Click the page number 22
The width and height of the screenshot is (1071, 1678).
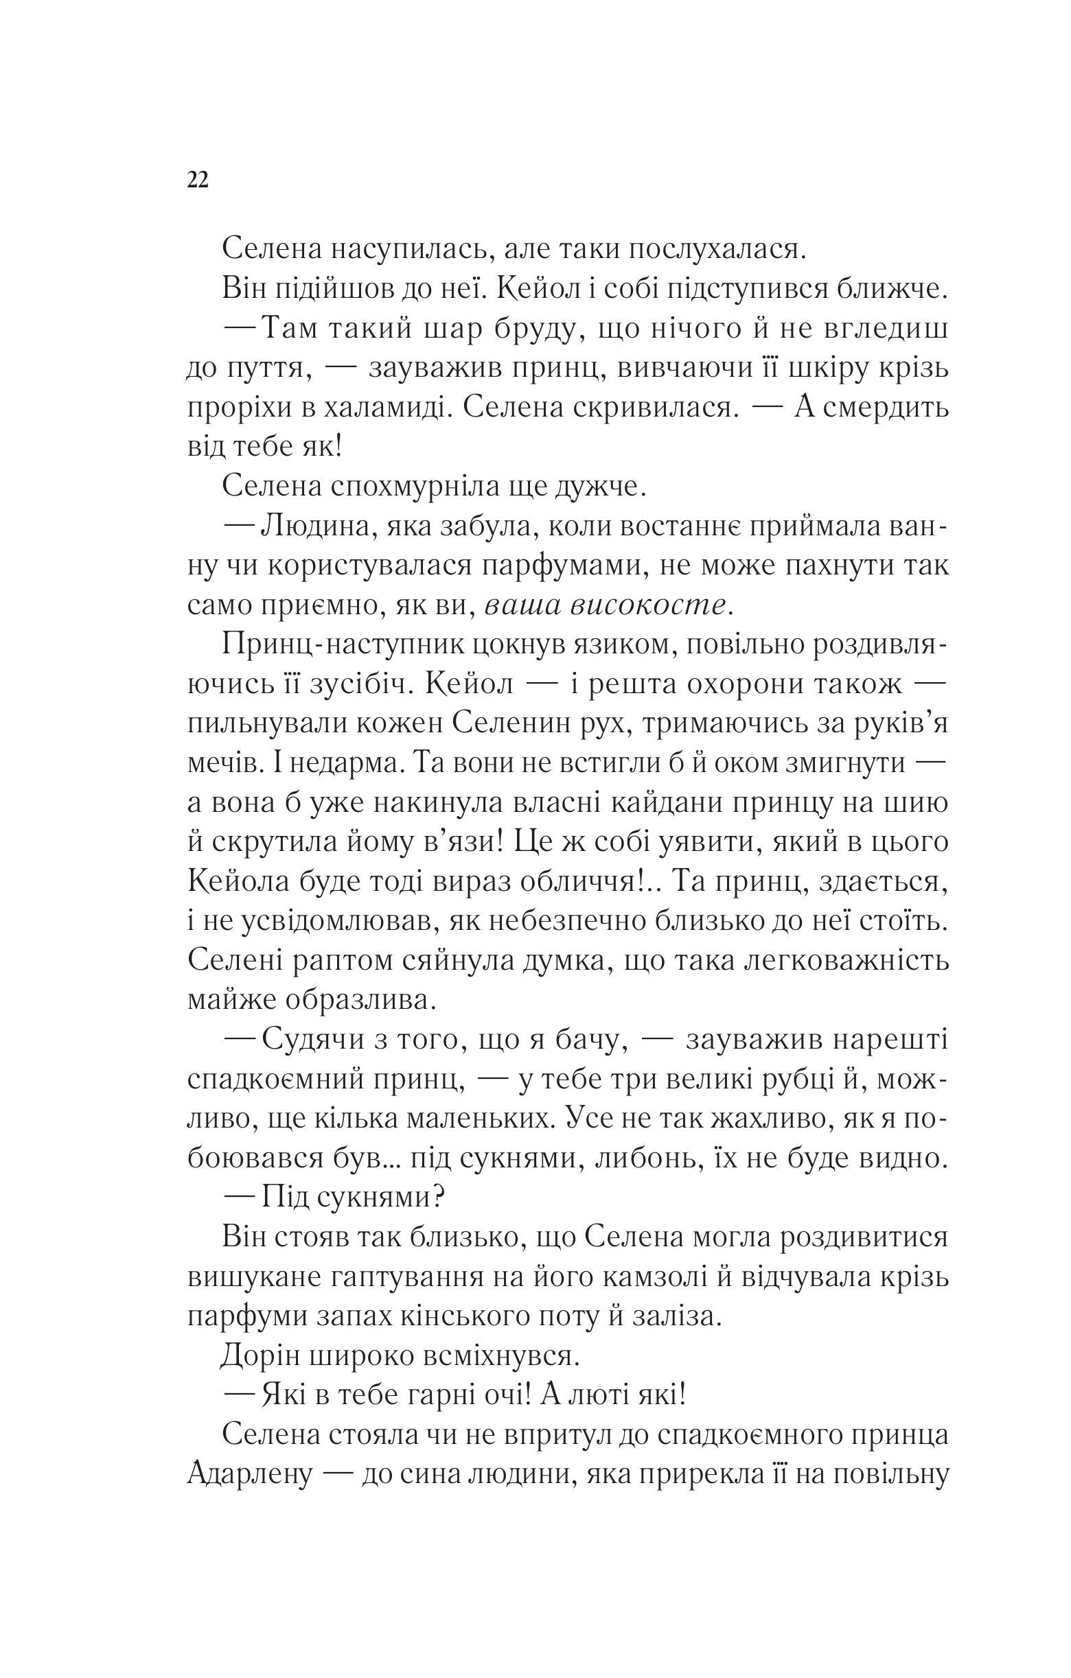coord(197,180)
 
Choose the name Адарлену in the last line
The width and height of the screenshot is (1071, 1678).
coord(248,1476)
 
